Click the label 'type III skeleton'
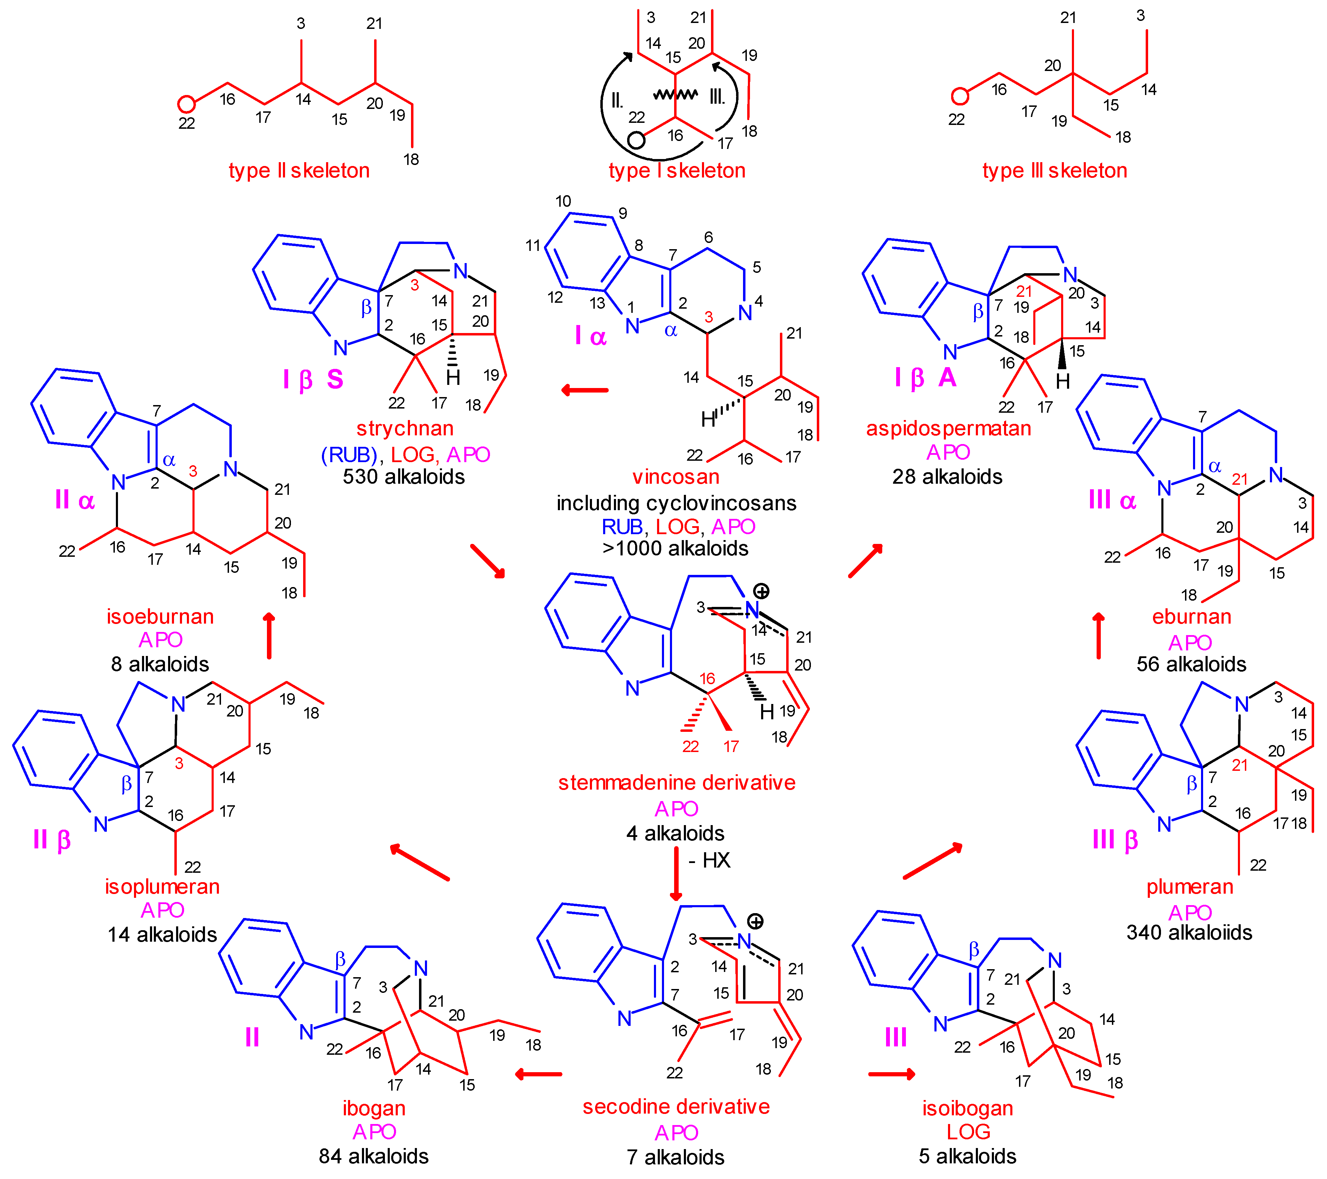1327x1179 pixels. tap(1055, 171)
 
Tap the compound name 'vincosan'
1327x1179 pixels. tap(676, 477)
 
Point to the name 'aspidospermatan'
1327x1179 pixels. tap(948, 428)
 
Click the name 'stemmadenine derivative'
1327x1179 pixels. tap(677, 783)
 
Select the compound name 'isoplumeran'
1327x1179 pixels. tap(162, 887)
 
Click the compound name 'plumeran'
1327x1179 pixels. tap(1190, 887)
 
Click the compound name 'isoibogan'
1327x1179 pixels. tap(967, 1108)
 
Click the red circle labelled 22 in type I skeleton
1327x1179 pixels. tap(636, 140)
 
